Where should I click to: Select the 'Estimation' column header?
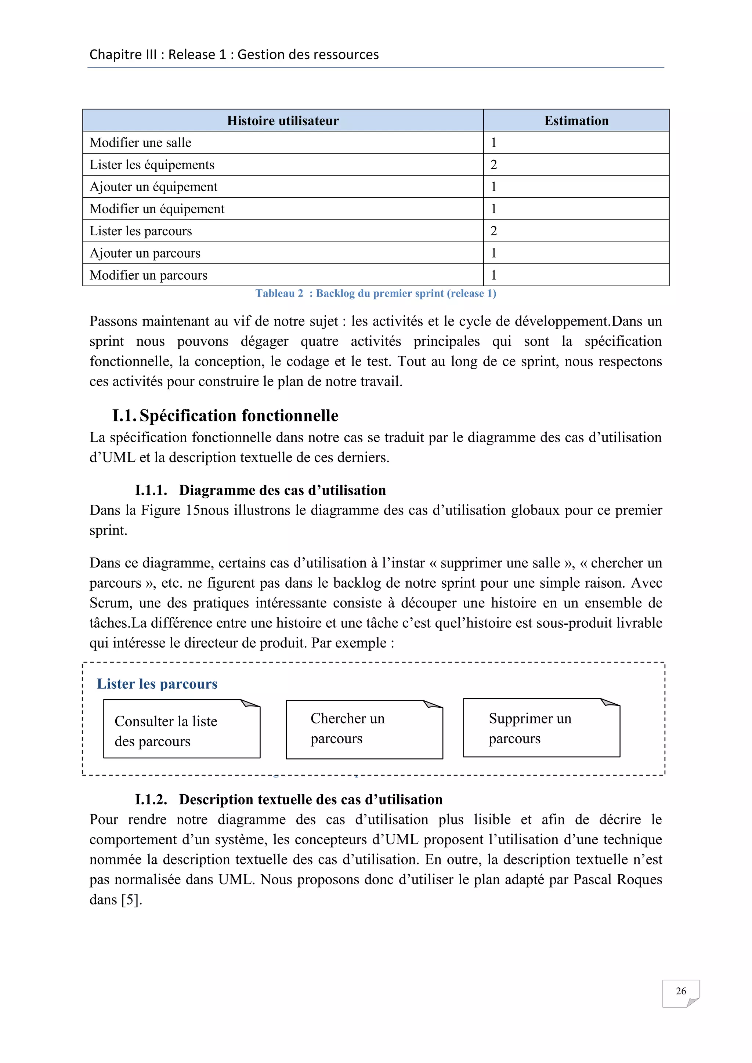tap(576, 121)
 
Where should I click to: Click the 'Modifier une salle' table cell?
tap(140, 142)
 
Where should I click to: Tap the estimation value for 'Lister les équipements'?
tap(493, 165)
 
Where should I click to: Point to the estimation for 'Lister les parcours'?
tap(493, 231)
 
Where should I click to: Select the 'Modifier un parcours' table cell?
tap(148, 275)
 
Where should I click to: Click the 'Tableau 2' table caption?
tap(376, 294)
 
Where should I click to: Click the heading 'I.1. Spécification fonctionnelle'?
tap(225, 416)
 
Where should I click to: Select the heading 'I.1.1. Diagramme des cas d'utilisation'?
tap(260, 490)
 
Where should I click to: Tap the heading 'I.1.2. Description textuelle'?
tap(289, 799)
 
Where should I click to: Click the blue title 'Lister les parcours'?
tap(157, 684)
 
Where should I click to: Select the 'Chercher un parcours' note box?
tap(364, 729)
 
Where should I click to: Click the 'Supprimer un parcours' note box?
tap(541, 728)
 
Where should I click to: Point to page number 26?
tap(680, 991)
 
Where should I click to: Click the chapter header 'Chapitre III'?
tap(234, 55)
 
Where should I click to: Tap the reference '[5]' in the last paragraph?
tap(131, 900)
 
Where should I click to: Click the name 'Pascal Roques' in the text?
tap(617, 880)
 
